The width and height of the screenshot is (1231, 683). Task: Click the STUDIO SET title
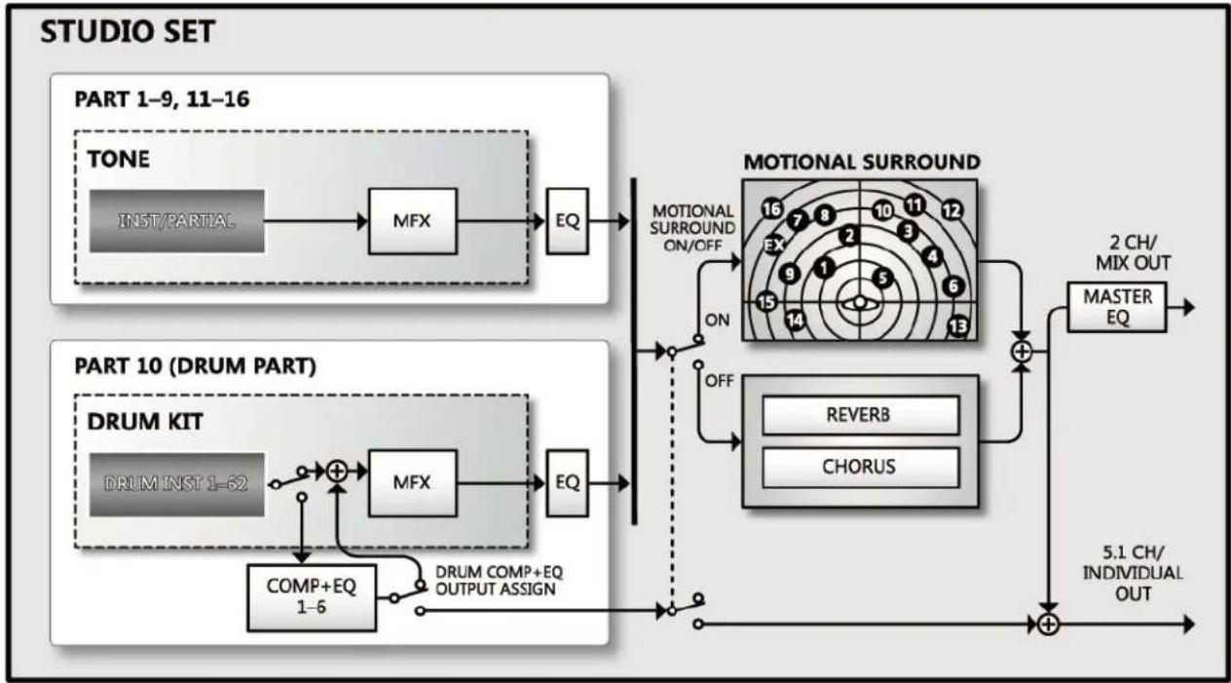tap(128, 31)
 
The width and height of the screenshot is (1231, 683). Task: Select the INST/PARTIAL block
tap(177, 221)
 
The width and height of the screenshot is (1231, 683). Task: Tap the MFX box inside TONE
tap(412, 221)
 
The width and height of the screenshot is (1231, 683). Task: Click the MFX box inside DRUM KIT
tap(412, 483)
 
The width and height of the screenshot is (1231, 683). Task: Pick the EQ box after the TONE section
tap(567, 221)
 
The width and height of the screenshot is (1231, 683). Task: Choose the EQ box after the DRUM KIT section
tap(567, 483)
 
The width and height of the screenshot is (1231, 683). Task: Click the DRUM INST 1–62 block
tap(177, 484)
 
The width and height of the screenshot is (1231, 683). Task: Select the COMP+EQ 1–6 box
tap(312, 597)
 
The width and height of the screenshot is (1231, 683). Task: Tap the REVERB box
tap(861, 415)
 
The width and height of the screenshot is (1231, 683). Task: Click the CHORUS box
tap(861, 467)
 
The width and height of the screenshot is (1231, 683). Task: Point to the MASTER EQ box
tap(1117, 307)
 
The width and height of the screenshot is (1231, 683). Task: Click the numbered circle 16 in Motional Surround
tap(772, 209)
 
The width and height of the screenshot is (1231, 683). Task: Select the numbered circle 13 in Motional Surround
tap(958, 326)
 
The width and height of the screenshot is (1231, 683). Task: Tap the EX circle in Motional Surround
tap(775, 245)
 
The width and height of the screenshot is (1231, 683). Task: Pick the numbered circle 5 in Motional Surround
tap(882, 278)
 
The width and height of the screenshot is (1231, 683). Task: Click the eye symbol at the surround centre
tap(860, 303)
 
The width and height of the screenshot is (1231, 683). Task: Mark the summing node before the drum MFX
tap(337, 472)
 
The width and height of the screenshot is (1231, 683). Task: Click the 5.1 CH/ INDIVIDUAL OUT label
tap(1134, 573)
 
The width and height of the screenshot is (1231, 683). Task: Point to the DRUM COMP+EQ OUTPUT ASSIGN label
tap(499, 581)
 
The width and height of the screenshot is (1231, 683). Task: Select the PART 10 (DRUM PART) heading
tap(195, 366)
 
